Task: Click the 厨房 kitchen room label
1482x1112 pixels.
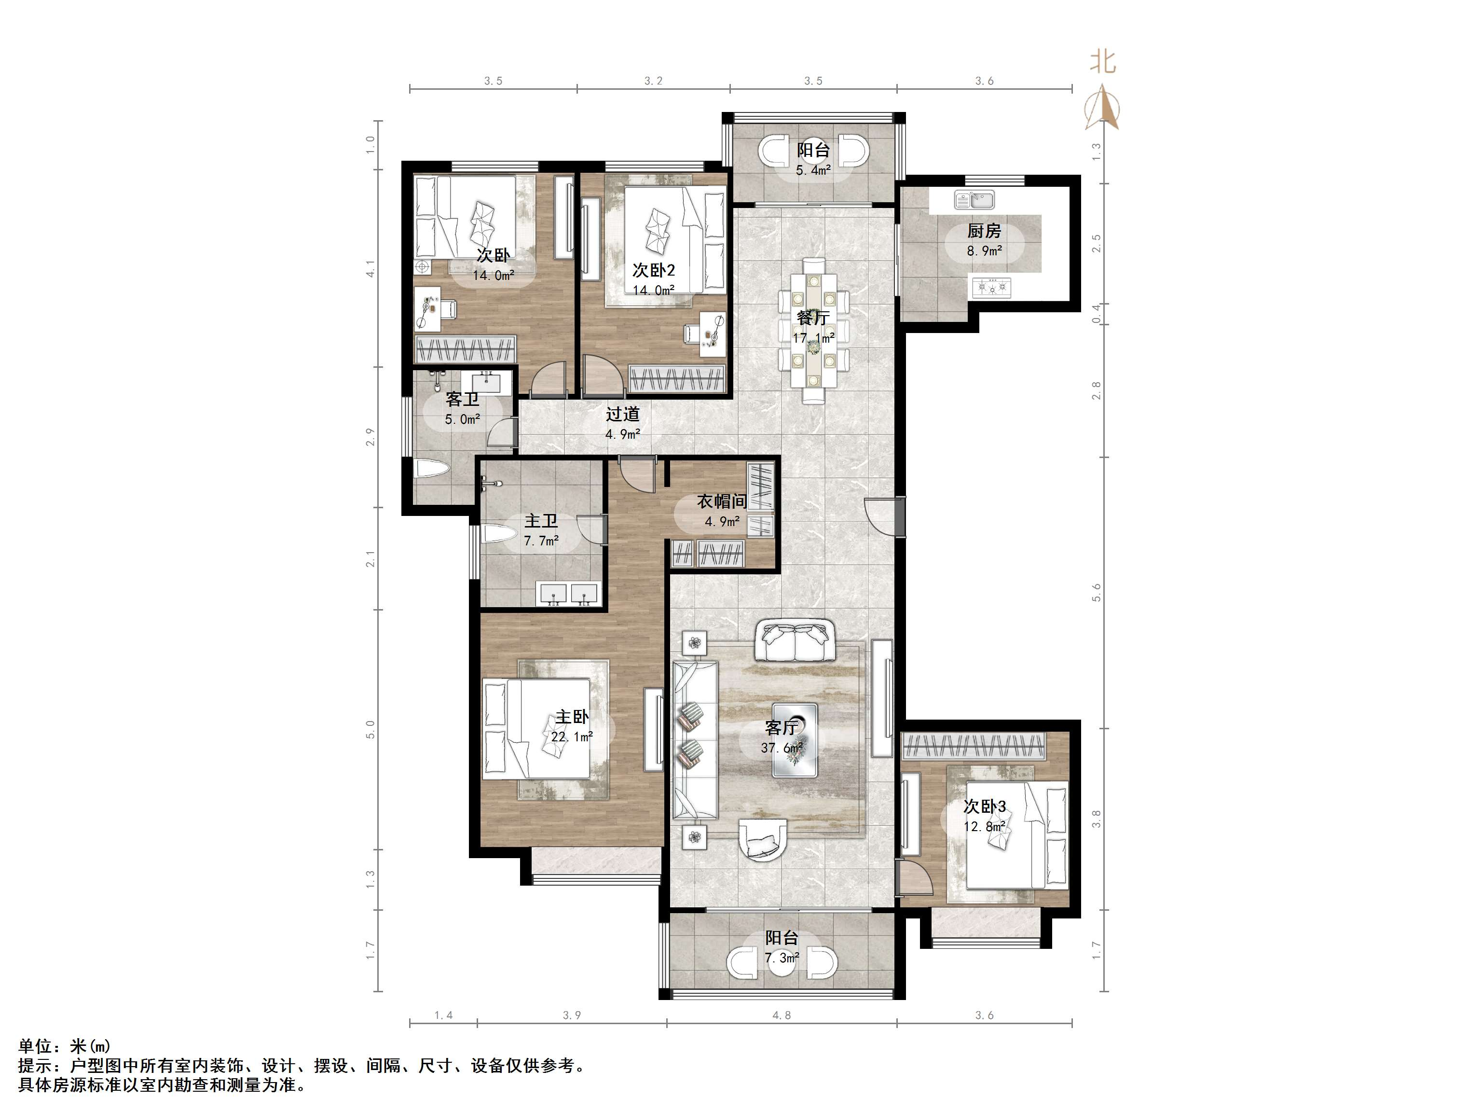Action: (984, 231)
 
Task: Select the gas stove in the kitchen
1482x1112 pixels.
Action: (991, 288)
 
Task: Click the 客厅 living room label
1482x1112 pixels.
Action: (781, 728)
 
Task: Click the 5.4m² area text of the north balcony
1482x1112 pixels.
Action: (813, 170)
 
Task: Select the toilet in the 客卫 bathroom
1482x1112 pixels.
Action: (431, 468)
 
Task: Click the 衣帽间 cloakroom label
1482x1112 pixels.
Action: (722, 501)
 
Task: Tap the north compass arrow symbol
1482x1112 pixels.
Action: (1101, 109)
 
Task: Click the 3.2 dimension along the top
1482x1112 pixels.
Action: (653, 81)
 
